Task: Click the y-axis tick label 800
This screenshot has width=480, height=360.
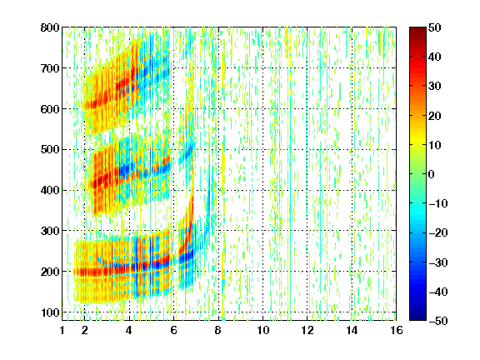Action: click(50, 27)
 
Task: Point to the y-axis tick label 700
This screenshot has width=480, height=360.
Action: click(50, 68)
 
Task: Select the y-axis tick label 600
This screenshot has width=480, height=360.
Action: click(50, 109)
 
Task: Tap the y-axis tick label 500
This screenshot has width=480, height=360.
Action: click(50, 150)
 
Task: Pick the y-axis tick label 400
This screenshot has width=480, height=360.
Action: click(50, 190)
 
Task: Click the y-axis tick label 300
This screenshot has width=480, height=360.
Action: click(50, 231)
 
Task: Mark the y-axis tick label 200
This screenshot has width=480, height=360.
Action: click(50, 272)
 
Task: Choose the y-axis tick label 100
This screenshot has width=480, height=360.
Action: click(50, 312)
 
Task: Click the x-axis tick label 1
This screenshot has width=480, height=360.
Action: click(62, 330)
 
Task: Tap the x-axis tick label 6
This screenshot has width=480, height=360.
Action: click(174, 330)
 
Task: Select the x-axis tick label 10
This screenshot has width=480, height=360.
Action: click(263, 330)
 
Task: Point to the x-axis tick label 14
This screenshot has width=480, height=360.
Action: click(352, 330)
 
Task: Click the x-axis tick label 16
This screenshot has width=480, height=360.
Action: click(397, 330)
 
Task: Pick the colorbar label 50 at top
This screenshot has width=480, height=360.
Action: click(435, 27)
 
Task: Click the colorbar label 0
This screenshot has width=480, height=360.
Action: click(432, 174)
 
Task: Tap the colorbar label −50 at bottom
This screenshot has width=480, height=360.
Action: click(438, 321)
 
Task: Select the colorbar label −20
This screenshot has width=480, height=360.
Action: click(438, 233)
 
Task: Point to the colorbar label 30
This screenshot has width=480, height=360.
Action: click(435, 87)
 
